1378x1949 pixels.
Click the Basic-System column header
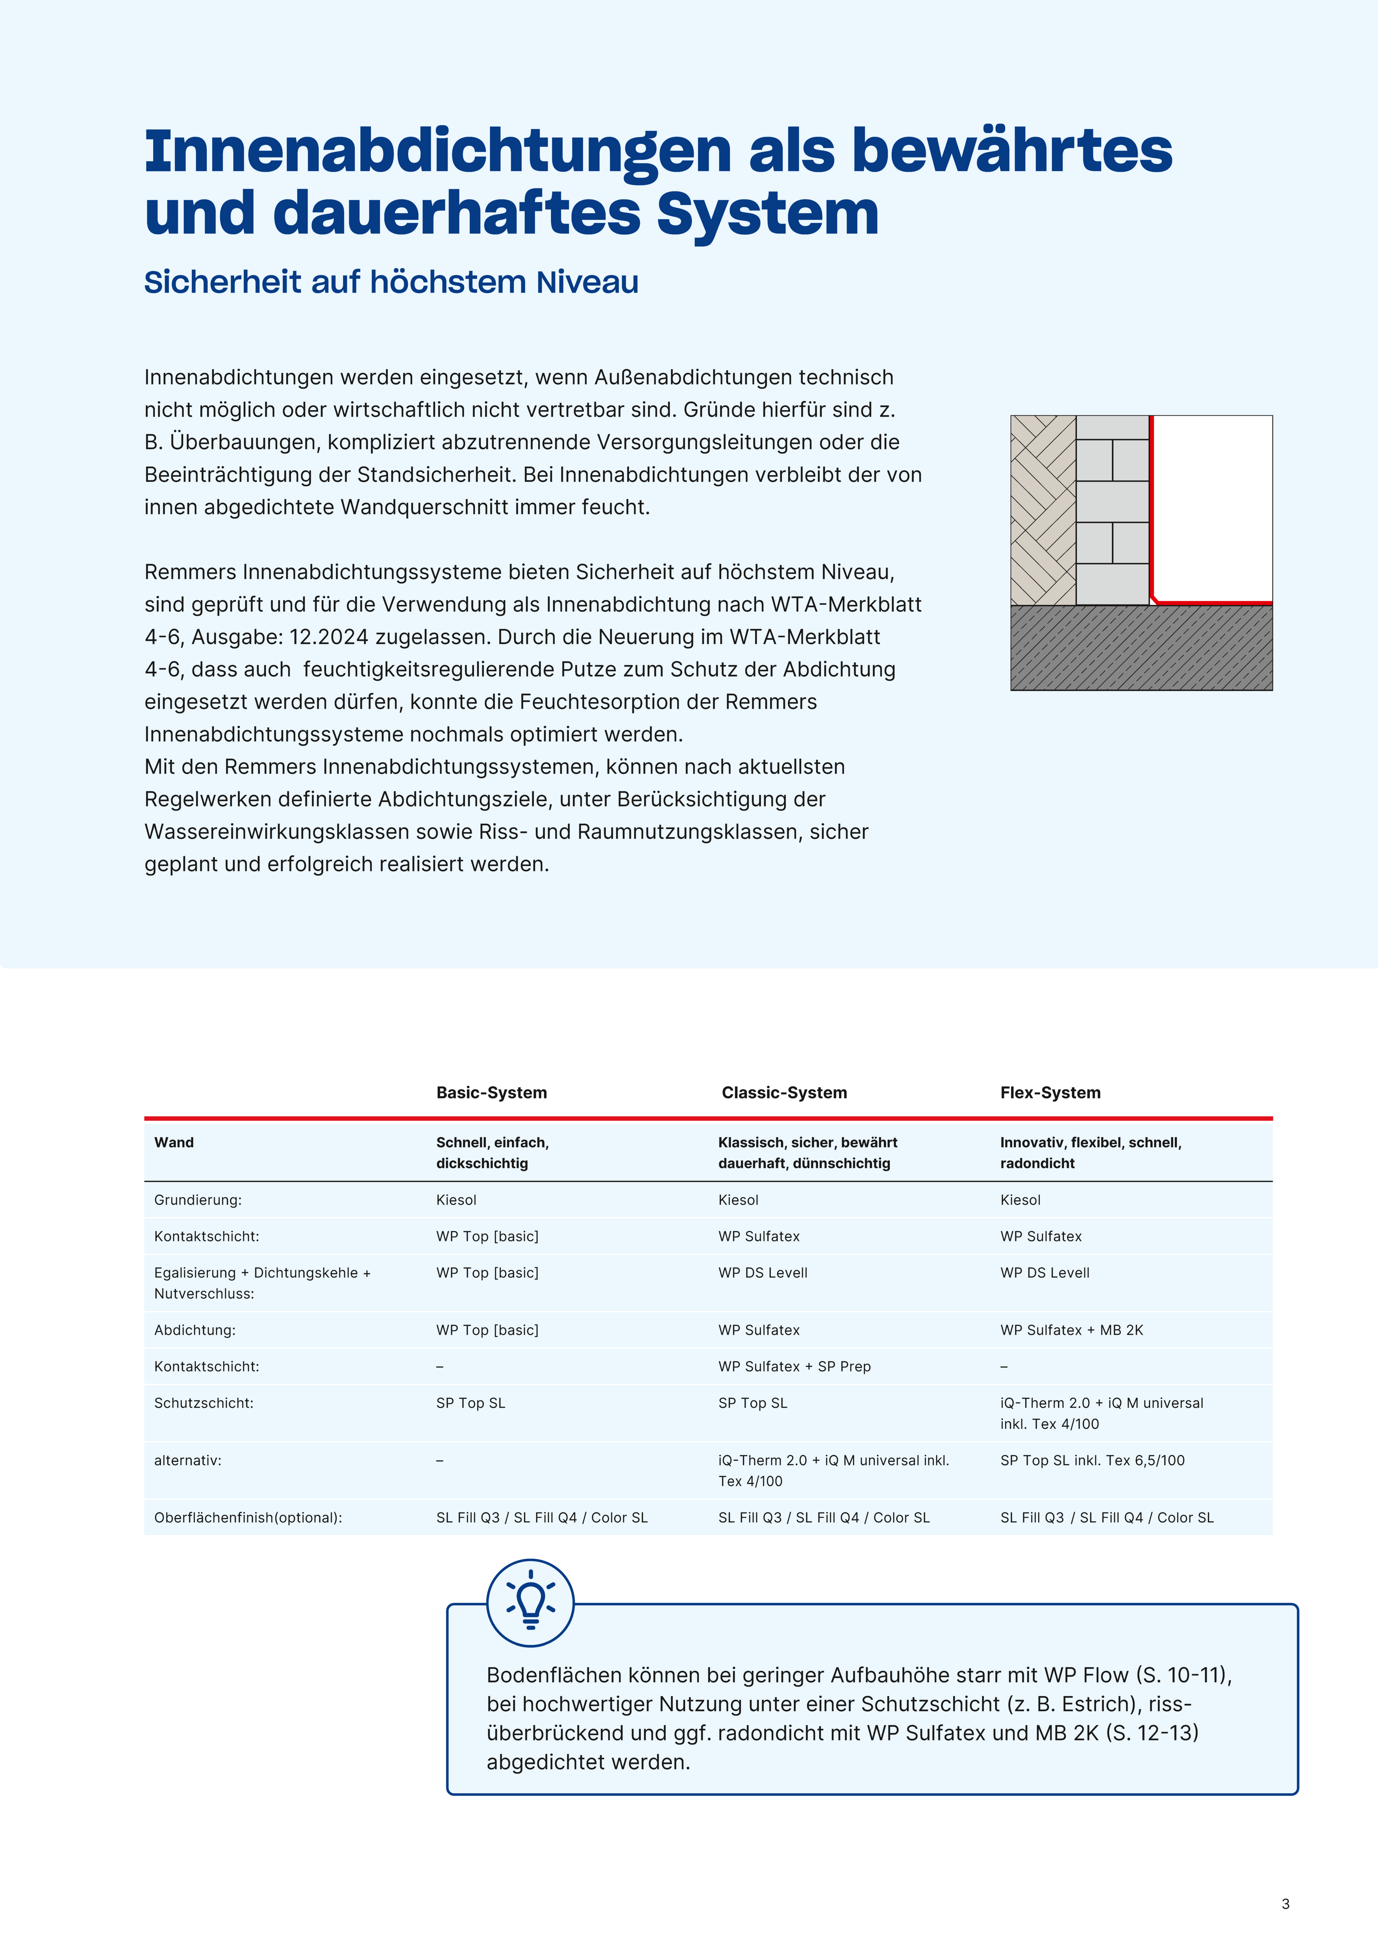tap(492, 1093)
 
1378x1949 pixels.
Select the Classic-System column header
tap(783, 1093)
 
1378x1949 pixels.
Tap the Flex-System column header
tap(1050, 1093)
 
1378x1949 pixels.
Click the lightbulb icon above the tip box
tap(531, 1604)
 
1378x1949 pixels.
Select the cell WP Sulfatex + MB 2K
tap(1072, 1330)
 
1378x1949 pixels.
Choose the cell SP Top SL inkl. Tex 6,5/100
tap(1092, 1460)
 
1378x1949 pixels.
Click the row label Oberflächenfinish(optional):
tap(248, 1518)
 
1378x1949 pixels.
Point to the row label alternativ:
tap(188, 1460)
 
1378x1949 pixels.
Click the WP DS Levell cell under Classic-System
tap(763, 1273)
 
